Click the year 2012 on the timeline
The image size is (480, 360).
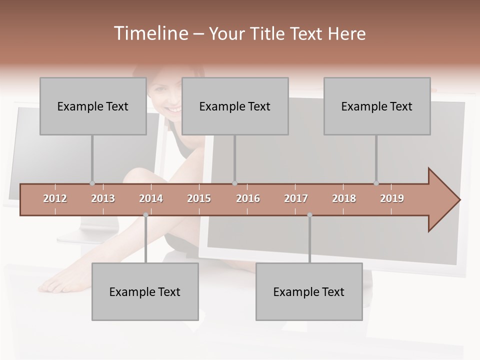(55, 198)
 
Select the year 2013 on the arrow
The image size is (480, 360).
(103, 198)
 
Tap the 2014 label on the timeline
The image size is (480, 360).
(151, 198)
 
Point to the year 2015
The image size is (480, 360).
(199, 198)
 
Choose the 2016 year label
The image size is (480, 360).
(248, 198)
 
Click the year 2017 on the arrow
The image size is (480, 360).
(296, 198)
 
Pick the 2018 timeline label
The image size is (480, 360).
(344, 198)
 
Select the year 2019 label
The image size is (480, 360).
(392, 198)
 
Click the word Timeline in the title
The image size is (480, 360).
(150, 33)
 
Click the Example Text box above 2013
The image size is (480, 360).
(93, 106)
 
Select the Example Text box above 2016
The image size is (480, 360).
(235, 106)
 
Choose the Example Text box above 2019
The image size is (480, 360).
(377, 106)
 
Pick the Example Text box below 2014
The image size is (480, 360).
(145, 291)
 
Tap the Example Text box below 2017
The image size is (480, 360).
(309, 291)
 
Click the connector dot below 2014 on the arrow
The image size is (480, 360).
(145, 215)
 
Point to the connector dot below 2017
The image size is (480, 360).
(309, 215)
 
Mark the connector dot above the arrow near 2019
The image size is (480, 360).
(376, 183)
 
